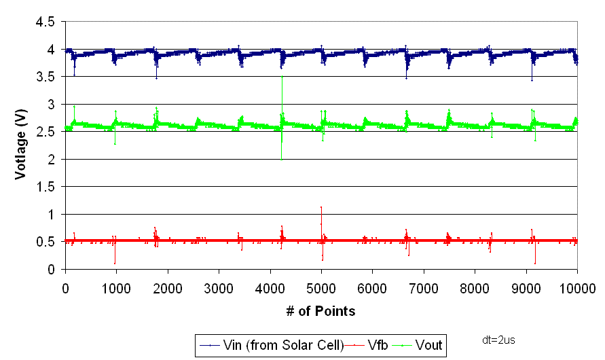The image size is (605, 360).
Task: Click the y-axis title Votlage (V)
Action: [x=22, y=145]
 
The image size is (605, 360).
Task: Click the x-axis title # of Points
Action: [x=321, y=311]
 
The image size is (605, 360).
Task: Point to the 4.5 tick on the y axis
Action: [x=45, y=22]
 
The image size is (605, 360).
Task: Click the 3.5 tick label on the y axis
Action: [x=45, y=77]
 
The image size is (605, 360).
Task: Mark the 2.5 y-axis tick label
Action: [x=45, y=132]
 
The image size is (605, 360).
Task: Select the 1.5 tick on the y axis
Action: [x=45, y=187]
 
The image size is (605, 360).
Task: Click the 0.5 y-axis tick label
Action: [x=45, y=242]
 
